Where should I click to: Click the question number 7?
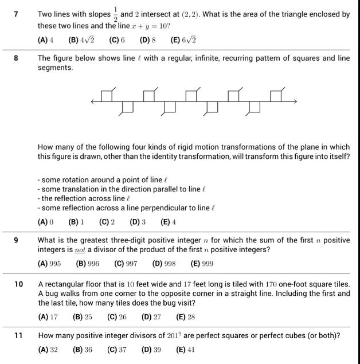[17, 14]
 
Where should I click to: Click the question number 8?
[17, 58]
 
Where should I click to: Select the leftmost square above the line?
[106, 96]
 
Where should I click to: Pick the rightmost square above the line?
[276, 96]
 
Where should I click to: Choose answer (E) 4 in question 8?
[169, 222]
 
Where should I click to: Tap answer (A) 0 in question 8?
[45, 222]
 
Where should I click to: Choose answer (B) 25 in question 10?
[80, 316]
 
